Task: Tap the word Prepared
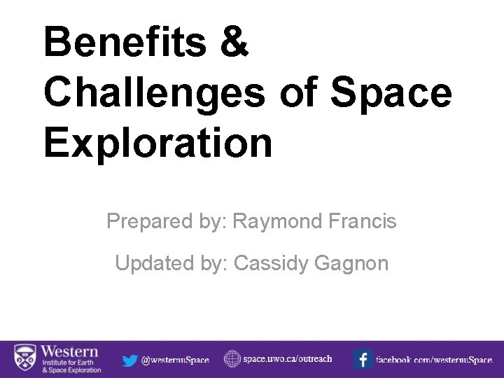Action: tap(147, 222)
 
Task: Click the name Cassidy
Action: tap(272, 264)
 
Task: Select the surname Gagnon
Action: tap(351, 264)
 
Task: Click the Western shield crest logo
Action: tap(25, 359)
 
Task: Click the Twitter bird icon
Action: tap(129, 360)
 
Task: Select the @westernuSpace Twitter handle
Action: tap(175, 360)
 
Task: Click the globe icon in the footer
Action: tap(232, 359)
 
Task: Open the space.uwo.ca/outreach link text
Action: tap(288, 359)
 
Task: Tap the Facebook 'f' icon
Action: tap(363, 360)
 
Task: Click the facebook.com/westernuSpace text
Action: tap(434, 360)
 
